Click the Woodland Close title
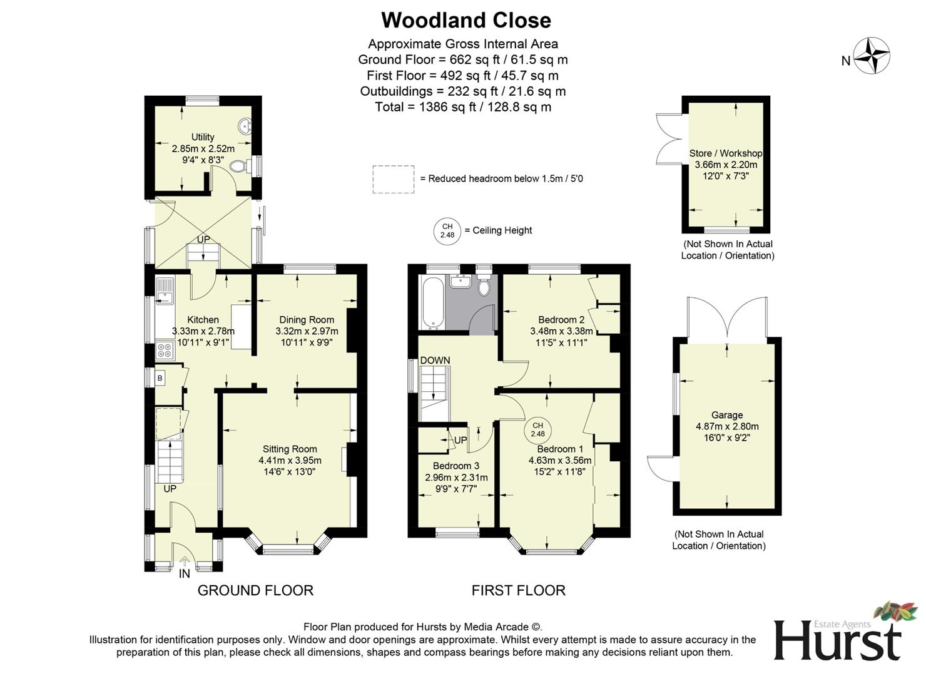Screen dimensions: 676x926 click(x=466, y=20)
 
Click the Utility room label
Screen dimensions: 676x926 click(x=203, y=137)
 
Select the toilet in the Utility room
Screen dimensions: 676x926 click(x=238, y=166)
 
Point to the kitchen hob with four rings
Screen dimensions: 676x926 click(x=165, y=350)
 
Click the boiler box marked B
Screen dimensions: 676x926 click(x=160, y=378)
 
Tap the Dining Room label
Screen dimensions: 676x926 click(x=307, y=320)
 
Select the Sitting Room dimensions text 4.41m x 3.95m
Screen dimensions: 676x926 click(x=290, y=460)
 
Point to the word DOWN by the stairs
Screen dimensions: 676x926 click(x=435, y=361)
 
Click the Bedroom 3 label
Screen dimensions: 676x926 click(x=456, y=466)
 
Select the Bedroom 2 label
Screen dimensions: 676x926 click(x=561, y=320)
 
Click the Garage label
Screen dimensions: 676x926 click(x=727, y=415)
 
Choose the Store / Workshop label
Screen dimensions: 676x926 click(x=726, y=153)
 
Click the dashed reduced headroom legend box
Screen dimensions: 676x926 click(x=394, y=179)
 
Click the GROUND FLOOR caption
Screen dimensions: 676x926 click(x=255, y=590)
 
